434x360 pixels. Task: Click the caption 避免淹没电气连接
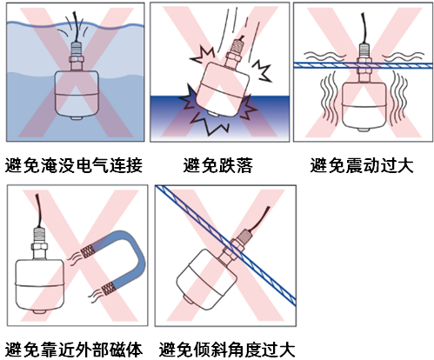tap(74, 165)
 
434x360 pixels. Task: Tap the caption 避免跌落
tap(217, 165)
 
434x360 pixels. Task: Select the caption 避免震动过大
tap(362, 165)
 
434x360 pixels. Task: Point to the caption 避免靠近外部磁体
tap(74, 350)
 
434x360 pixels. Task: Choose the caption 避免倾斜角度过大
tap(227, 350)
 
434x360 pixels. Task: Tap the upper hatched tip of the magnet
tap(87, 251)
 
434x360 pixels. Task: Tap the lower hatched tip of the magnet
tap(107, 288)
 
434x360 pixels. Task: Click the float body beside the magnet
tap(39, 285)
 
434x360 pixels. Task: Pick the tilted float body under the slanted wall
tap(206, 279)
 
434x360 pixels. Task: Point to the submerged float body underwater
tap(77, 94)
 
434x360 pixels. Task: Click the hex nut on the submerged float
tap(77, 59)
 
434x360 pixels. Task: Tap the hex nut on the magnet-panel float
tap(39, 247)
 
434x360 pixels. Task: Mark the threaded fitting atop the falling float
tap(237, 47)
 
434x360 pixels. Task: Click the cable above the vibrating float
tap(364, 28)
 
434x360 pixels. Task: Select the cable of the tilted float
tap(259, 218)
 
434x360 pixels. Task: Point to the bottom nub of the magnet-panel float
tap(39, 312)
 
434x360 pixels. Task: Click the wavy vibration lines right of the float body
tap(399, 99)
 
